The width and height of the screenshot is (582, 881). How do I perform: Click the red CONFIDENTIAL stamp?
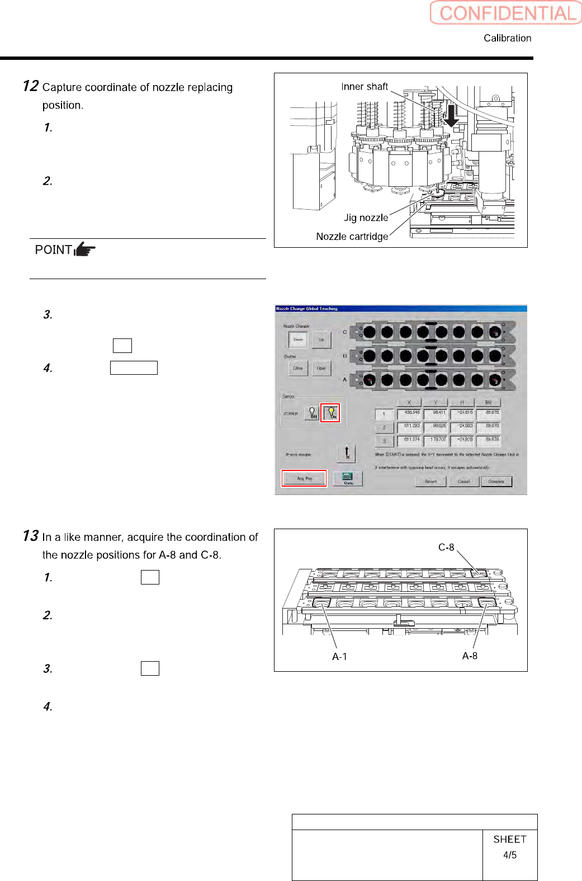506,13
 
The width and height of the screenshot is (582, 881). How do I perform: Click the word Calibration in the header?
507,38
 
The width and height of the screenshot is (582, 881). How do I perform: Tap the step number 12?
30,86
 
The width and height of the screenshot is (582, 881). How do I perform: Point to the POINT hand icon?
84,249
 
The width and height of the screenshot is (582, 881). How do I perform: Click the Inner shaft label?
364,87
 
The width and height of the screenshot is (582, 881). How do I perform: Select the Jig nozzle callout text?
366,218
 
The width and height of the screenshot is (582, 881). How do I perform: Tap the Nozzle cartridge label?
352,237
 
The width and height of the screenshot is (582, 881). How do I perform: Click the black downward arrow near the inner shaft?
450,116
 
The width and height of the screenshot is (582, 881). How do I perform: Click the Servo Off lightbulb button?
313,413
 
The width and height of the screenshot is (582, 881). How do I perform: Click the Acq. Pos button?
304,479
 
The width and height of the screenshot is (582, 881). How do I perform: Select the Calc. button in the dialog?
348,478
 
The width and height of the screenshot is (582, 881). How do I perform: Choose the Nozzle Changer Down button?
298,340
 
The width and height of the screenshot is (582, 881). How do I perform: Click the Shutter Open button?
321,368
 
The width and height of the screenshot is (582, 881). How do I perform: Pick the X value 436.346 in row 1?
411,413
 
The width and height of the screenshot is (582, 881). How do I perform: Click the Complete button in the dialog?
496,482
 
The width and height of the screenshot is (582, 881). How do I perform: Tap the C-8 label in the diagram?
446,547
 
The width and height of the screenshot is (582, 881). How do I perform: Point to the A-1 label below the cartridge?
339,657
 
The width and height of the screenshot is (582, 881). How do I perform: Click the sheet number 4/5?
509,855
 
